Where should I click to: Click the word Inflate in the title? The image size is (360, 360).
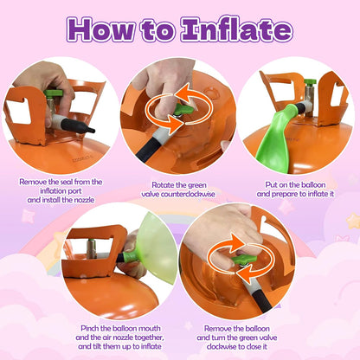(236, 29)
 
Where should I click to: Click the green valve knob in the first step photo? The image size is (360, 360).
(54, 93)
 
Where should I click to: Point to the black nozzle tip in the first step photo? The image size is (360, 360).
(79, 126)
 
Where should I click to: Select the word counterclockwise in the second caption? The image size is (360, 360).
(188, 194)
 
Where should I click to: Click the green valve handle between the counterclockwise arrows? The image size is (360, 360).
(183, 110)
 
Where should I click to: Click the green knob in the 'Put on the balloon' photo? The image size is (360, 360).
(310, 82)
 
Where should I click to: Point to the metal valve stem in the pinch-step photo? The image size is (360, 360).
(92, 248)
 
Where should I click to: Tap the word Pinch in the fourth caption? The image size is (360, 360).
(90, 328)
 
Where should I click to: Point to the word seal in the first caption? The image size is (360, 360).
(67, 182)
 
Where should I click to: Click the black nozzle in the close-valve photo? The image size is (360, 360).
(262, 301)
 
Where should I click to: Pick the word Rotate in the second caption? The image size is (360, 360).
(163, 184)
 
